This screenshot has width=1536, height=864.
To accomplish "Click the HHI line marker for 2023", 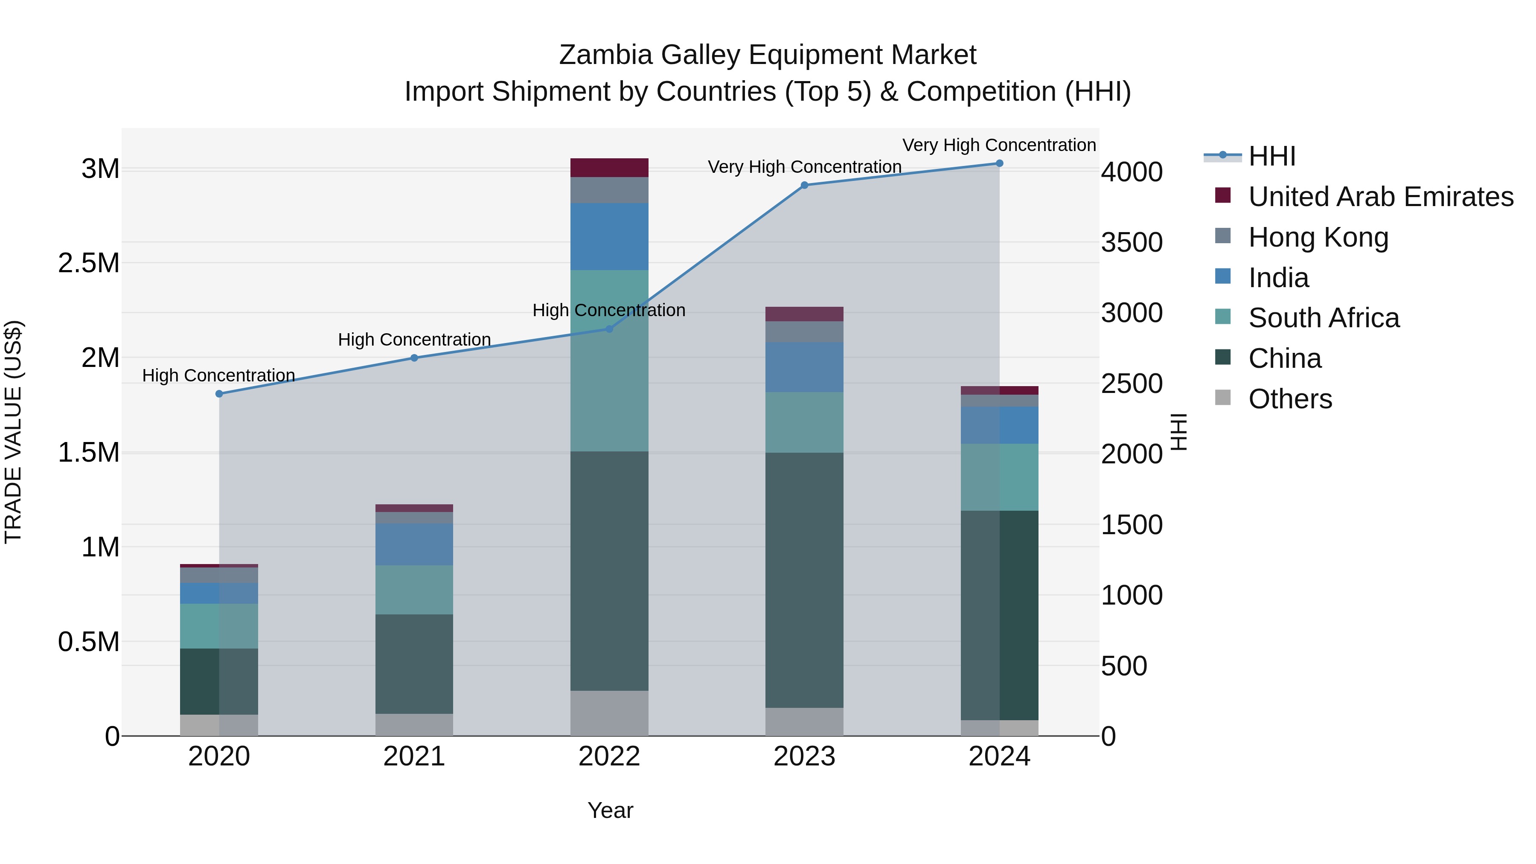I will [x=804, y=185].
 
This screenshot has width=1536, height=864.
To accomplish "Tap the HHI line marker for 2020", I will [x=219, y=393].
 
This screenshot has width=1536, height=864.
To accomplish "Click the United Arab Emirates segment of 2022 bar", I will [x=609, y=168].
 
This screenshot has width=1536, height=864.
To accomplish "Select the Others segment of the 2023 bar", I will [x=804, y=721].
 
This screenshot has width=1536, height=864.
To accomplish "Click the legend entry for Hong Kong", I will [x=1318, y=237].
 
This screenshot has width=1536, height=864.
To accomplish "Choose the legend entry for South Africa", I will [x=1324, y=318].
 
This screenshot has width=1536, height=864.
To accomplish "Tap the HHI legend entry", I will [x=1272, y=156].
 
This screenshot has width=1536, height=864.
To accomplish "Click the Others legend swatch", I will [x=1222, y=397].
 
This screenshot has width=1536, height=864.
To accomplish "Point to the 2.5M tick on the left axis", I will [x=88, y=263].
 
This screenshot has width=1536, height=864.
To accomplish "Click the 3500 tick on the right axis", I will [x=1131, y=243].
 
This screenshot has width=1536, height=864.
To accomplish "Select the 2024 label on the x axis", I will [x=999, y=756].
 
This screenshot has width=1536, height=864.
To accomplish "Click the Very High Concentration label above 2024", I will [x=999, y=145].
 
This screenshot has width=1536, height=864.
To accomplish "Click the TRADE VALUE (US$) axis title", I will [x=13, y=432].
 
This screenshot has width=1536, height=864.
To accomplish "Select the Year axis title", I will [x=610, y=810].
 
